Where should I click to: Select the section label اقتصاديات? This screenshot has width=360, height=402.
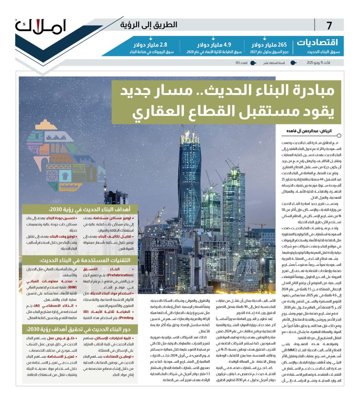[x=320, y=42]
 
